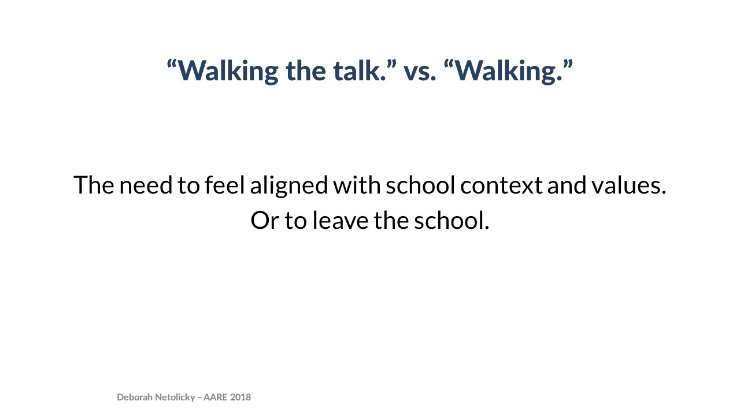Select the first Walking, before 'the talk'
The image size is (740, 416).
tap(228, 71)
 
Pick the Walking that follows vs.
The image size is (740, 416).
tap(508, 71)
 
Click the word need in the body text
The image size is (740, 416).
tap(146, 185)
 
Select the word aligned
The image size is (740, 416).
tap(289, 186)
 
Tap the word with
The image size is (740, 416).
tap(357, 184)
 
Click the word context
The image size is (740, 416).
tap(501, 186)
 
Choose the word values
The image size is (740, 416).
tap(628, 184)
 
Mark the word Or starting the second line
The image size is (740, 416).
tap(265, 221)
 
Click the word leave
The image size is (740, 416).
tap(341, 220)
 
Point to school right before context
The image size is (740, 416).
tap(420, 184)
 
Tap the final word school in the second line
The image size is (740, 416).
tap(452, 220)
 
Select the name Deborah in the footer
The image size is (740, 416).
tap(135, 397)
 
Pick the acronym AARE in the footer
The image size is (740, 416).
tap(216, 397)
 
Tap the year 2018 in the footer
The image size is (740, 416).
tap(240, 397)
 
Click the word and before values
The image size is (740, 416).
tap(567, 184)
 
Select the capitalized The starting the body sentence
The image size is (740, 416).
tap(94, 184)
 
